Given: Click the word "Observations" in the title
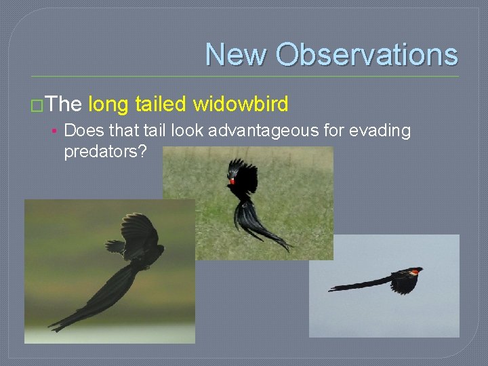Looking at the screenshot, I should click(367, 54).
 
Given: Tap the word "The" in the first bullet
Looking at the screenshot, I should click(64, 104).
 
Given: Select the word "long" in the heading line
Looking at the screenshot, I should click(108, 104).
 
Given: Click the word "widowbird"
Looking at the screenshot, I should click(241, 104).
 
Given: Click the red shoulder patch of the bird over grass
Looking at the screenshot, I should click(232, 181).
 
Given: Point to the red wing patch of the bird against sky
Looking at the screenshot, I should click(413, 272).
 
